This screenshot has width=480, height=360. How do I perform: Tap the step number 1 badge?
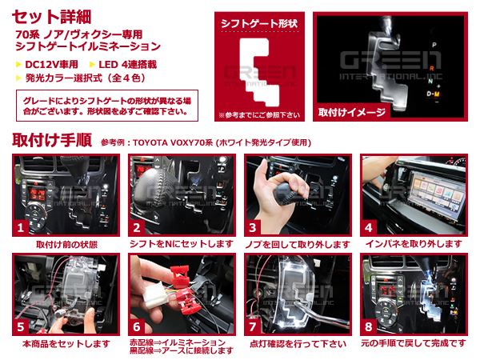coord(22,228)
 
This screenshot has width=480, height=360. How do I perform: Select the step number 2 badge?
coord(138,228)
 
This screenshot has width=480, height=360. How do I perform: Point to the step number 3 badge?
coord(252,228)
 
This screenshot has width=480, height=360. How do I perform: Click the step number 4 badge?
coord(368,228)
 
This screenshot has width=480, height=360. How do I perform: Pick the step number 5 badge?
coord(22,326)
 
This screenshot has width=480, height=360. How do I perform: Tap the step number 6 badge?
coord(138,326)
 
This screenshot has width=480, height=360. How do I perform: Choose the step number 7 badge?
coord(252,326)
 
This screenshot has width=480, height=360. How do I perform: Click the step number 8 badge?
coord(368,326)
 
